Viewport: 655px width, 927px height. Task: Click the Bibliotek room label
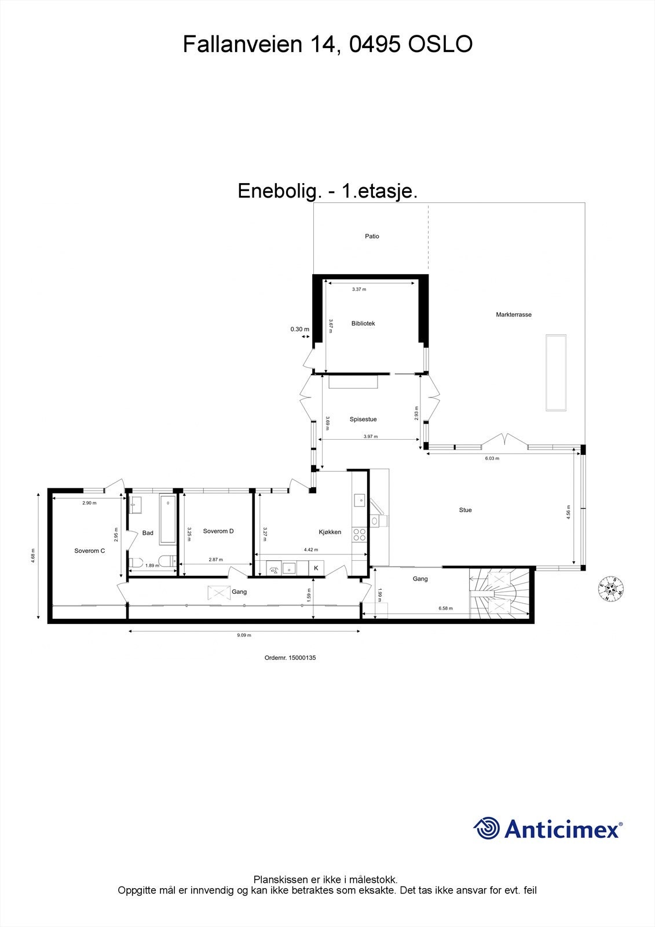[x=363, y=323]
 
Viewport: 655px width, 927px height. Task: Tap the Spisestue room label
[x=363, y=419]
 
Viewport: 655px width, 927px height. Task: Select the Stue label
[x=465, y=510]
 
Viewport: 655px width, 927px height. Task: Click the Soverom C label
[x=90, y=551]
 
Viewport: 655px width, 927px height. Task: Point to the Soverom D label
[x=218, y=531]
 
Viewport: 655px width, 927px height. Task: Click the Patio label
[x=372, y=236]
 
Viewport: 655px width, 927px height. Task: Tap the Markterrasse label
[x=513, y=315]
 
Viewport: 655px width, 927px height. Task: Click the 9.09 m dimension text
[x=244, y=635]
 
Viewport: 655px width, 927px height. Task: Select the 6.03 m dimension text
[x=492, y=458]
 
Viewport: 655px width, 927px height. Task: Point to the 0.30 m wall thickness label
[x=299, y=329]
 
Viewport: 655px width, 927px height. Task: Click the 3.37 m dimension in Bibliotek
[x=359, y=289]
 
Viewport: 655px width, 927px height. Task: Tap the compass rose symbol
[x=610, y=589]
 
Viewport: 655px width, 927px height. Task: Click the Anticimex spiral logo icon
[x=486, y=828]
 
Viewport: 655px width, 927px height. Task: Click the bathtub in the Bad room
[x=168, y=519]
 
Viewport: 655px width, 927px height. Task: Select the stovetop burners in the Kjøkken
[x=359, y=534]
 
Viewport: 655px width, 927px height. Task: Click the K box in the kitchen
[x=316, y=568]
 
